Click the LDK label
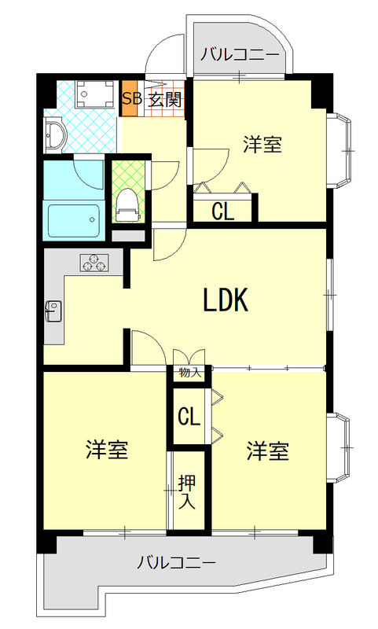[226, 300]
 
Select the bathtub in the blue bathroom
[74, 220]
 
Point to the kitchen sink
[52, 310]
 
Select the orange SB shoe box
[130, 99]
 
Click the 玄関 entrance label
[165, 99]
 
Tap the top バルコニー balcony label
[239, 54]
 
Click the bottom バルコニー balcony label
[176, 562]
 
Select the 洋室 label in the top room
[262, 144]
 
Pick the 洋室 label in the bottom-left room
[107, 451]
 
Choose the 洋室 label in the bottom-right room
[268, 451]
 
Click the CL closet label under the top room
[222, 211]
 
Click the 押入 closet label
[187, 491]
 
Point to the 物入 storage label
[189, 373]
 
